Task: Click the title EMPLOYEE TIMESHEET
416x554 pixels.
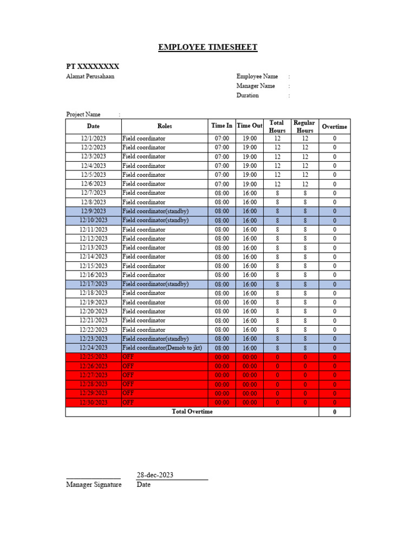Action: [207, 48]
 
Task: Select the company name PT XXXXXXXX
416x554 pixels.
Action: [93, 67]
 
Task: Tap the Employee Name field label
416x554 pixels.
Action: [257, 76]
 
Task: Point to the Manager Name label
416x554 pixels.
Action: [256, 86]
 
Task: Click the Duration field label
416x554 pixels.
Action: [248, 96]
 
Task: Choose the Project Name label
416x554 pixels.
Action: [83, 114]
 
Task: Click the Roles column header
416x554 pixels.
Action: [165, 126]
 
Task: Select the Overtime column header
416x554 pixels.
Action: [334, 127]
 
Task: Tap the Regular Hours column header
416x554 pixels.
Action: [304, 127]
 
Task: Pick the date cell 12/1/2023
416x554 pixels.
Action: [94, 138]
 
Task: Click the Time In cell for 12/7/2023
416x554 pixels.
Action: [222, 193]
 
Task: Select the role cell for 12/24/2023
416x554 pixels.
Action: [162, 348]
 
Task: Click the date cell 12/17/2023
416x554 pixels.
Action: [94, 284]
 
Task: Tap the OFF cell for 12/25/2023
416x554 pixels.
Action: [128, 357]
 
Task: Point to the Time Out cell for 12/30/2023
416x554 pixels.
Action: [250, 403]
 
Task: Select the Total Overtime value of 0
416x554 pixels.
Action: [334, 412]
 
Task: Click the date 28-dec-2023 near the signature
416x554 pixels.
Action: [155, 475]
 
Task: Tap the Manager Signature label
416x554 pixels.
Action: [94, 485]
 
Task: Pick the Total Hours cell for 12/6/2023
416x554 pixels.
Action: [277, 184]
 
